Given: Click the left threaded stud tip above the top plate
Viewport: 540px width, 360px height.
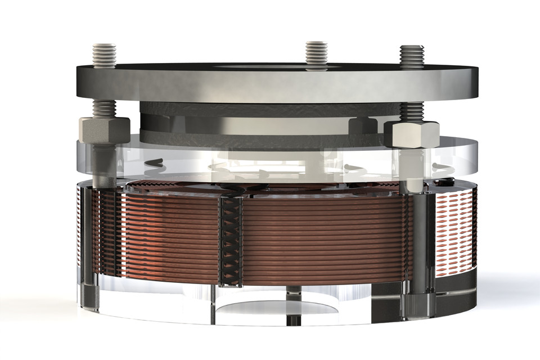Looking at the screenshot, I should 104,54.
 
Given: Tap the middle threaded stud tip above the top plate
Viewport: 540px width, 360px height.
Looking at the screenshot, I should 317,53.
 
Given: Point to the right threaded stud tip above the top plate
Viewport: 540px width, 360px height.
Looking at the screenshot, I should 412,56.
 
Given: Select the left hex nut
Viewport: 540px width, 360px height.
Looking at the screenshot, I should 104,130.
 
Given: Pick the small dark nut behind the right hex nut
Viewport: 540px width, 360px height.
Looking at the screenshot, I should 361,126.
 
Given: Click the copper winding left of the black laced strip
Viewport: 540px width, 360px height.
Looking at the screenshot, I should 169,236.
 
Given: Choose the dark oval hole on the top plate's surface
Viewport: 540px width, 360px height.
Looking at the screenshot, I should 270,67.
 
